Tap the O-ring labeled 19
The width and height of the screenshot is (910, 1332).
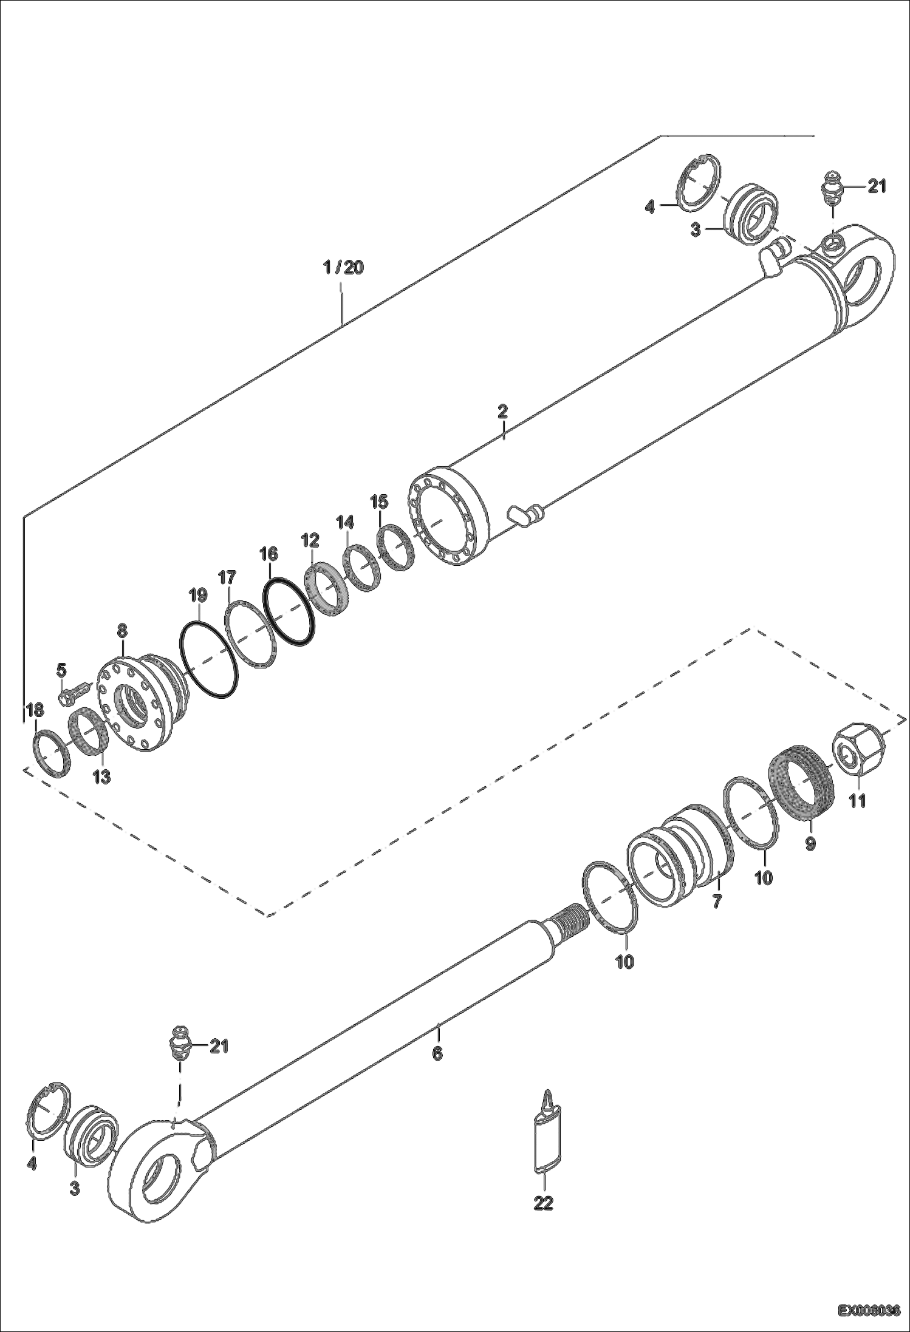209,660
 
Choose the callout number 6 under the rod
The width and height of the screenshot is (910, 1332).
437,1053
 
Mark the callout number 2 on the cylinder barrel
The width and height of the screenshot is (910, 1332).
502,411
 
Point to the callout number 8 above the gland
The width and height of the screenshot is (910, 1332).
122,630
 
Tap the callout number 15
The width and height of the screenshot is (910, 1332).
379,501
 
